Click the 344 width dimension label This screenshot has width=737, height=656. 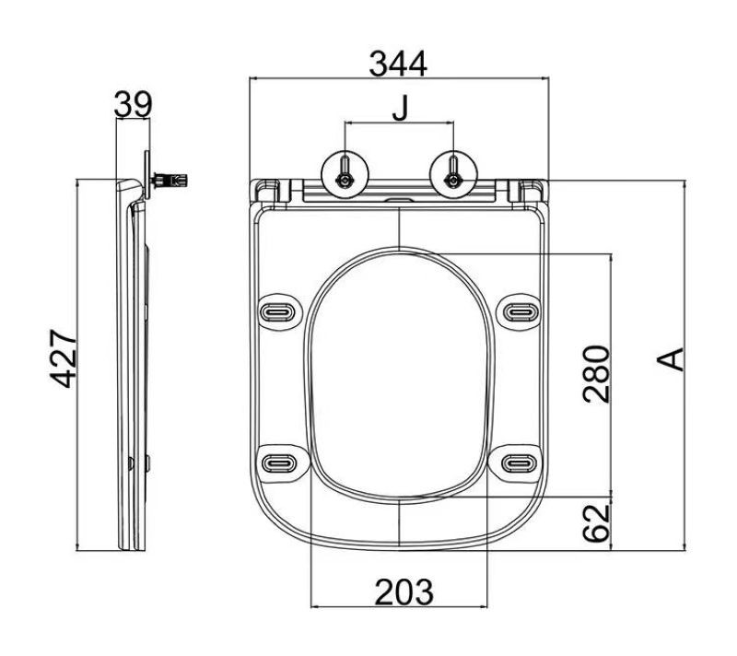398,64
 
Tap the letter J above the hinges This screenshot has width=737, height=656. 401,109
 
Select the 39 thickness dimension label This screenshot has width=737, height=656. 133,104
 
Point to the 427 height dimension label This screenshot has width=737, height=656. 64,358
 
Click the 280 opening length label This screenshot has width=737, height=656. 596,374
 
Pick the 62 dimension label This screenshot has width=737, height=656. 596,522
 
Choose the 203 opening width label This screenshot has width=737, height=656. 404,592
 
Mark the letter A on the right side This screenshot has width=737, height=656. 671,359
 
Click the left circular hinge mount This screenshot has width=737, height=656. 345,175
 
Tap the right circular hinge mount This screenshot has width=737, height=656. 453,175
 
